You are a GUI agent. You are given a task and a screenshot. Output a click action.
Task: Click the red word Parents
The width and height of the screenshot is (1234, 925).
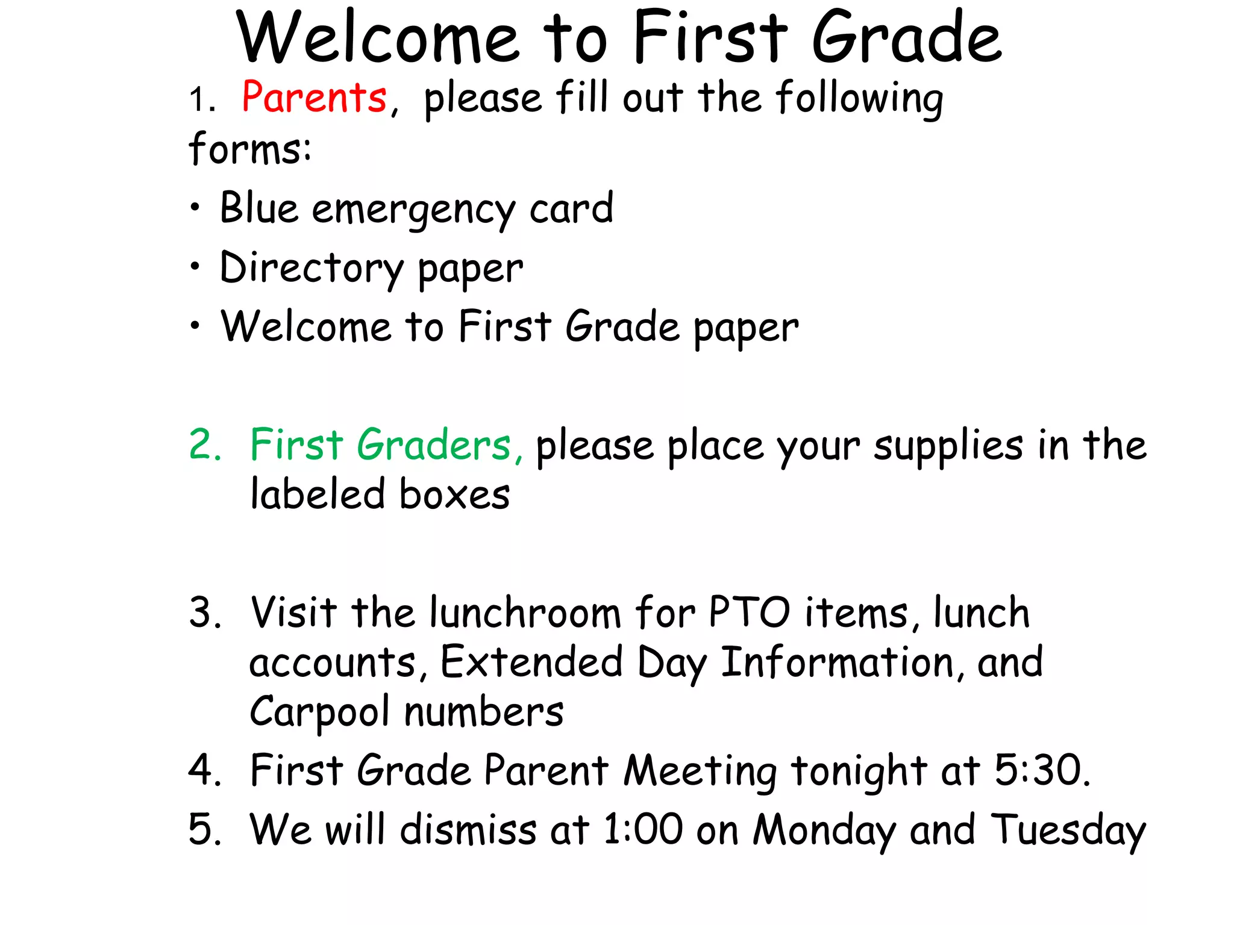[x=314, y=98]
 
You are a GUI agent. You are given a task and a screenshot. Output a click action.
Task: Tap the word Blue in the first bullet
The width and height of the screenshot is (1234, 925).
[x=259, y=208]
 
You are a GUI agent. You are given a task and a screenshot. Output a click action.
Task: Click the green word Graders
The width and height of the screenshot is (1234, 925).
[x=434, y=446]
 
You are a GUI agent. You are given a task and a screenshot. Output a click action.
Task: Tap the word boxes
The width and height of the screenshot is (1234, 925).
[x=454, y=495]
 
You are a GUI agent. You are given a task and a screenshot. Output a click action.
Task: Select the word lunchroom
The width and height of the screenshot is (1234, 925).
[x=525, y=613]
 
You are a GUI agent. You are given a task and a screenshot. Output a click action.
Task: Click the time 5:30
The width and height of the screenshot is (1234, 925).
[x=1041, y=771]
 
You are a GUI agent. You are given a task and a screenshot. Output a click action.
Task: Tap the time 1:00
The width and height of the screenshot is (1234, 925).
[x=643, y=830]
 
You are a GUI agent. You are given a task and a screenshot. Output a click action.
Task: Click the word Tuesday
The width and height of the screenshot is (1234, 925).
[x=1068, y=831]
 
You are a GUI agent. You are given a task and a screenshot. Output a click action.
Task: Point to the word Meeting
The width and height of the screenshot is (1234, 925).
[x=700, y=772]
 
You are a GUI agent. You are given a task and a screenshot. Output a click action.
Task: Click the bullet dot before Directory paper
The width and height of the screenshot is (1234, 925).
[x=195, y=266]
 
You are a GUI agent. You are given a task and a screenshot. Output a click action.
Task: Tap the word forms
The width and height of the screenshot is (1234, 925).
[x=249, y=149]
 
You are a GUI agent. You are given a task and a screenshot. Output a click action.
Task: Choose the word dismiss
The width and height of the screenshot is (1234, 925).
[x=468, y=830]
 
